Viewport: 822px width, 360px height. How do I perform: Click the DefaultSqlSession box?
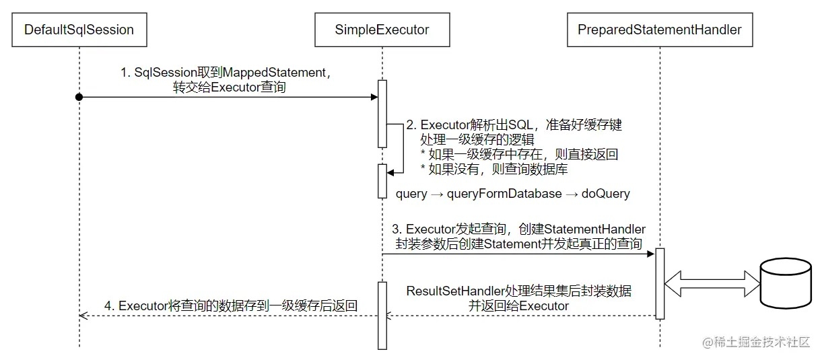coord(79,30)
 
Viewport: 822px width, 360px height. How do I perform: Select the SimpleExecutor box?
coord(382,30)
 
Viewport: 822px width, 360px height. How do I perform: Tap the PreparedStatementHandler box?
coord(660,30)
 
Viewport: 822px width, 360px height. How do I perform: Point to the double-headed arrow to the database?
coord(711,283)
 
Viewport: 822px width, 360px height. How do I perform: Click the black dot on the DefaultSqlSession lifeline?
coord(79,98)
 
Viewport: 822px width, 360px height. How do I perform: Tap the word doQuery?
coord(606,194)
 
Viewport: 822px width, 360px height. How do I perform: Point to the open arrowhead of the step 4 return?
coord(82,315)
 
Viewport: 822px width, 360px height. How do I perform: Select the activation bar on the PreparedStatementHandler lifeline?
coord(660,283)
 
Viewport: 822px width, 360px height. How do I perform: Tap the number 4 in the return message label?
coord(108,305)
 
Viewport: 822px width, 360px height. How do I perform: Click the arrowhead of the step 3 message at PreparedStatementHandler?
coord(652,254)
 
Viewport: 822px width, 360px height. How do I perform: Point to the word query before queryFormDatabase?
coord(411,194)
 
